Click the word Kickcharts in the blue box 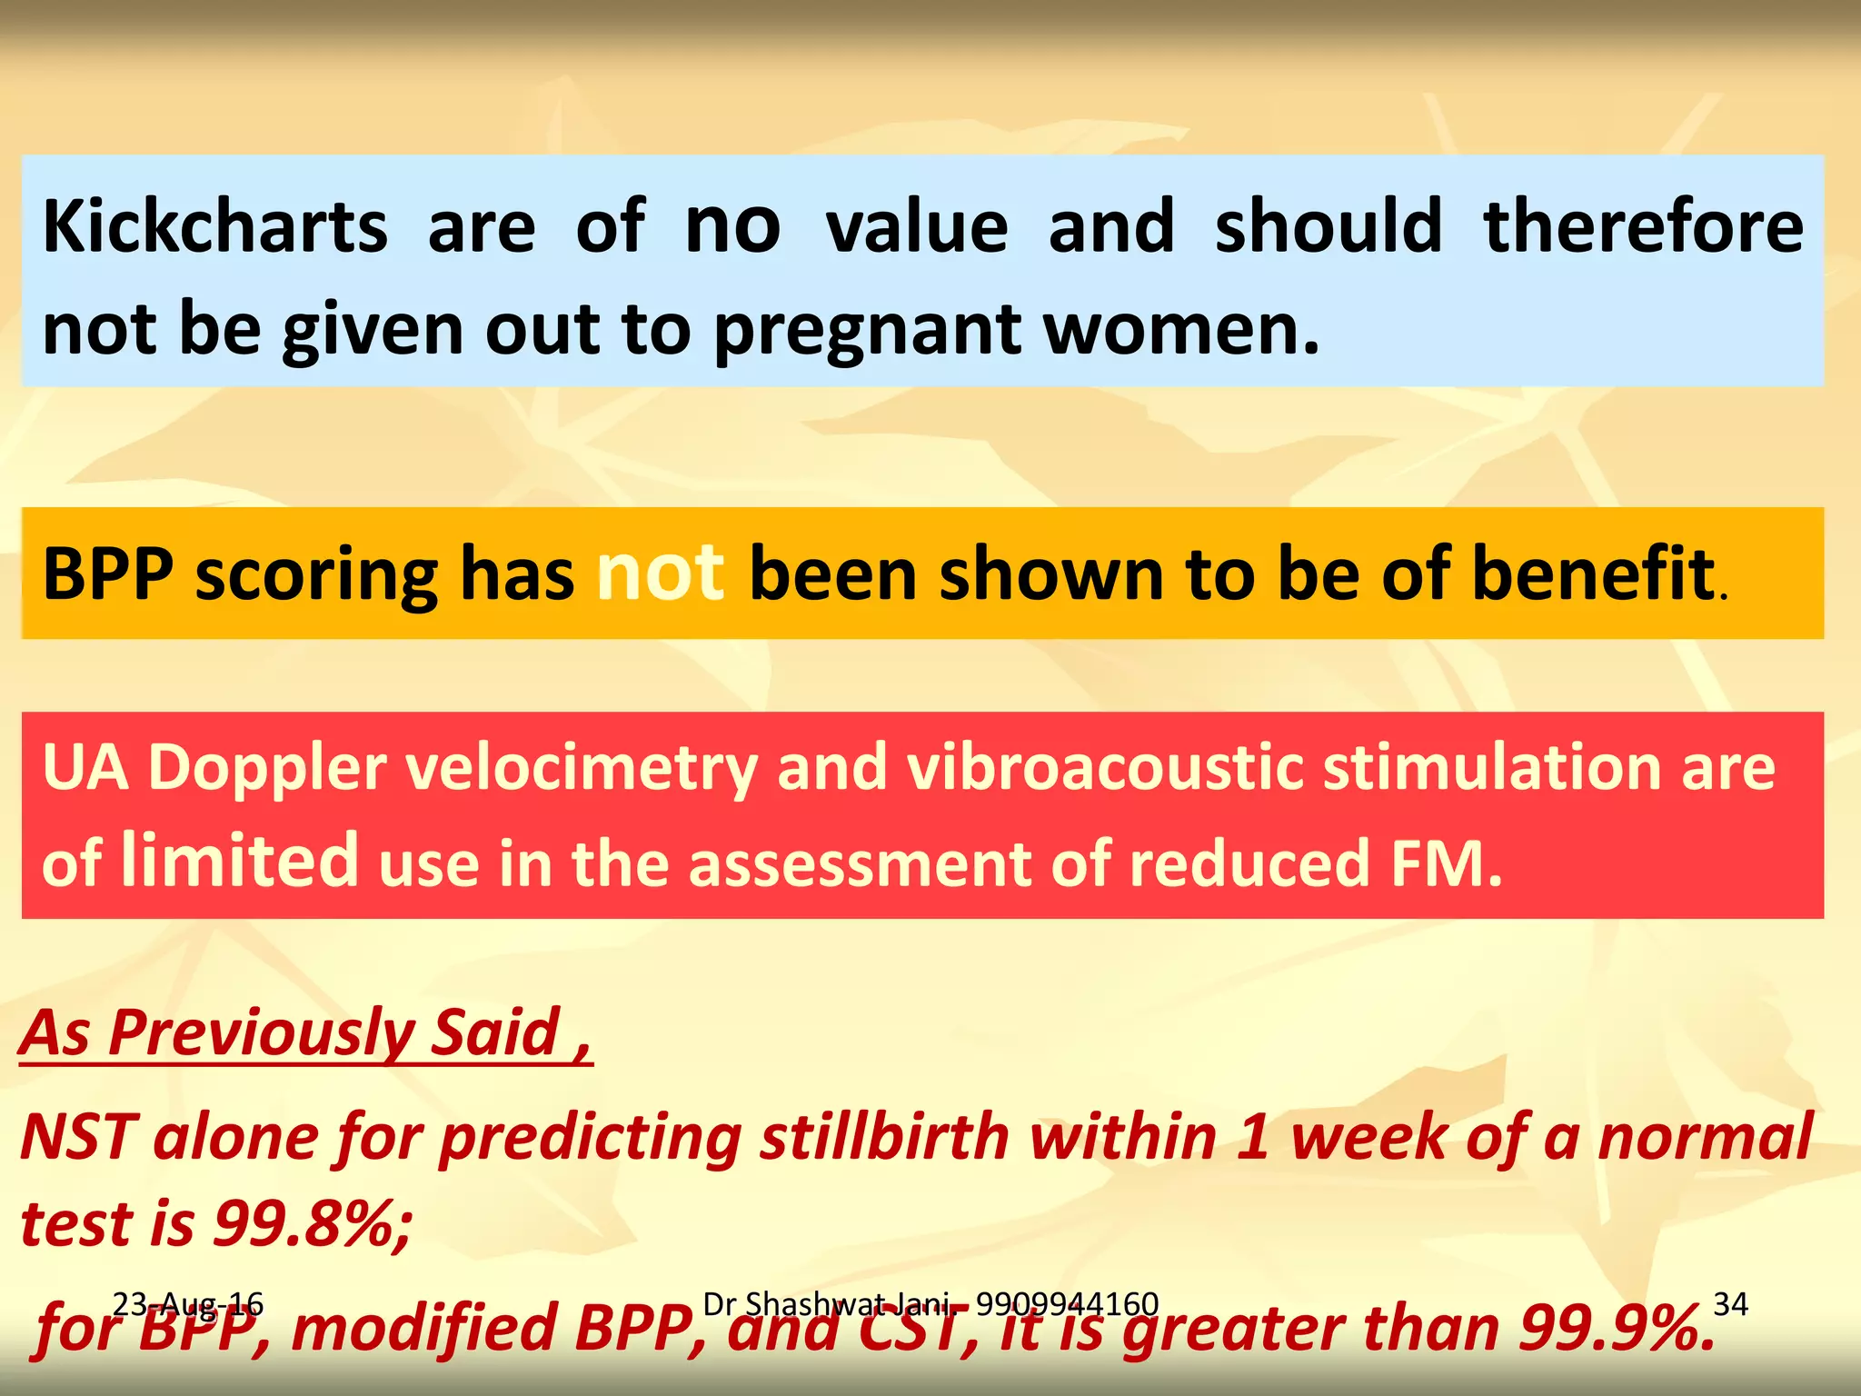(215, 226)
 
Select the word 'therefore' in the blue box (1643, 226)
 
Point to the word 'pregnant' (869, 332)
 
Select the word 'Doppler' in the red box (268, 768)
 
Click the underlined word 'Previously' (260, 1033)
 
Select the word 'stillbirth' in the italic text (884, 1137)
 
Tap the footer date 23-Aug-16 (188, 1305)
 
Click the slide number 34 (1730, 1305)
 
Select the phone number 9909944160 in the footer (1067, 1304)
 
